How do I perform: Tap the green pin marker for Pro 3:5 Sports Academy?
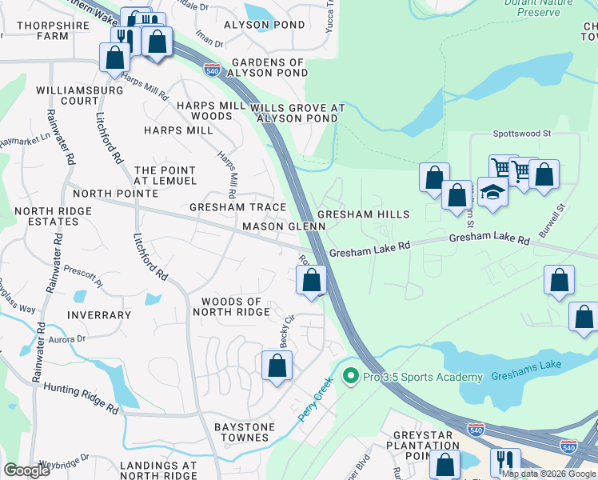(349, 375)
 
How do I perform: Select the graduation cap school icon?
(492, 193)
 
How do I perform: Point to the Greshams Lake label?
(526, 375)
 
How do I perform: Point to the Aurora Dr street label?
(67, 339)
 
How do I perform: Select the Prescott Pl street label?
(83, 276)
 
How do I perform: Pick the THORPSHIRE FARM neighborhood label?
(42, 30)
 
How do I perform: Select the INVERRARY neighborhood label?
(98, 315)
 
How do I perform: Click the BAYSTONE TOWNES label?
(241, 432)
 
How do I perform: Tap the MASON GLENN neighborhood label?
(284, 226)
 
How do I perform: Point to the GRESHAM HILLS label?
(363, 214)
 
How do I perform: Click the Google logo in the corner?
(27, 470)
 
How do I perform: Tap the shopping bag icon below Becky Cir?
(277, 366)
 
